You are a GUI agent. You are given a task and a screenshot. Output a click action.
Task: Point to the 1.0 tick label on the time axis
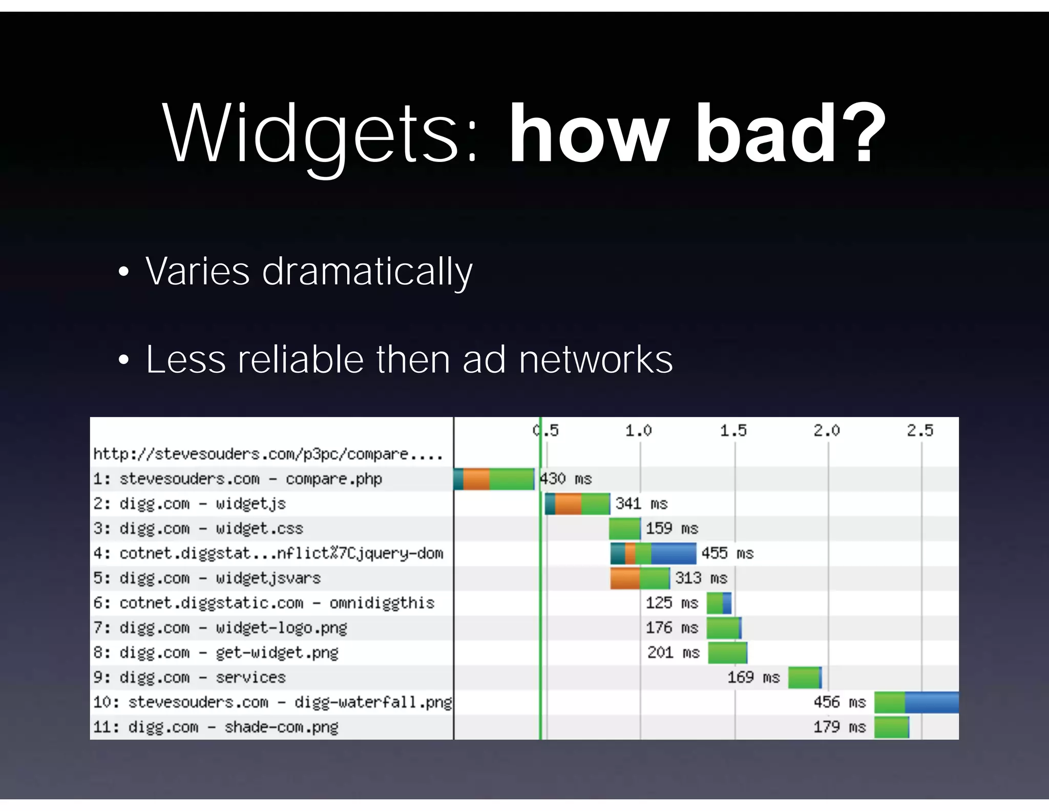(638, 431)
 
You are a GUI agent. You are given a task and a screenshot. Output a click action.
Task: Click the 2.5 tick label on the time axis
(920, 431)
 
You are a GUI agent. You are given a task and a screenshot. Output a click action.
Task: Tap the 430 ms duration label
(566, 479)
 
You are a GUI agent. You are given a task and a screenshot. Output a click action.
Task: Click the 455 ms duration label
(727, 554)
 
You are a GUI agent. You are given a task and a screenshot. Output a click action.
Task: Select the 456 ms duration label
(840, 702)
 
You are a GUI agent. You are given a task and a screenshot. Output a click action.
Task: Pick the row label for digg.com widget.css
(198, 529)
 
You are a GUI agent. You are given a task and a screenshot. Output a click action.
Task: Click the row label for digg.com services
(190, 678)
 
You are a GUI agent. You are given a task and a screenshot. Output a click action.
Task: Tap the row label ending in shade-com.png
(216, 727)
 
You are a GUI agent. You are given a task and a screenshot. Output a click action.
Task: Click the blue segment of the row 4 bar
(674, 554)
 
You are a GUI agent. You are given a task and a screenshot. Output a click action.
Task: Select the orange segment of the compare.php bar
(476, 479)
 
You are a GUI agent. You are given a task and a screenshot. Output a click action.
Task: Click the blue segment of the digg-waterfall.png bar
(931, 702)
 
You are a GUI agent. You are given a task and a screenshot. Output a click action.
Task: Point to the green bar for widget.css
(624, 529)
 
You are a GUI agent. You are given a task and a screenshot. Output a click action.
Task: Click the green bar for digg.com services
(804, 678)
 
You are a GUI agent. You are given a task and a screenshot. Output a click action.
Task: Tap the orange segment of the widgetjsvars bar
(625, 578)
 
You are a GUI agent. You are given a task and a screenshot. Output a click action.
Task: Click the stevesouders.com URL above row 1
(268, 454)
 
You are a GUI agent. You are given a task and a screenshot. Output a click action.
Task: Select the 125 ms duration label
(672, 603)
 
